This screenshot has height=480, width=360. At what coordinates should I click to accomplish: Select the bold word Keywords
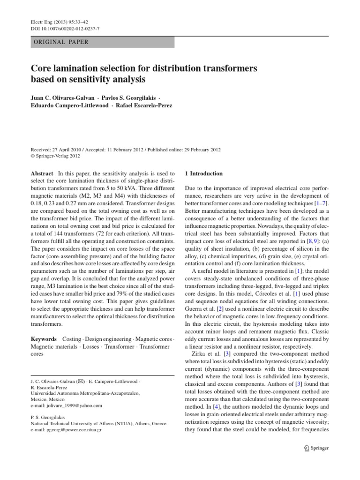click(44, 338)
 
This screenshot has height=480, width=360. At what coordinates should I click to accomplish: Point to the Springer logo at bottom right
click(316, 448)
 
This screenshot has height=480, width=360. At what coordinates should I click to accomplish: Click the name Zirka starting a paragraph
click(202, 353)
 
